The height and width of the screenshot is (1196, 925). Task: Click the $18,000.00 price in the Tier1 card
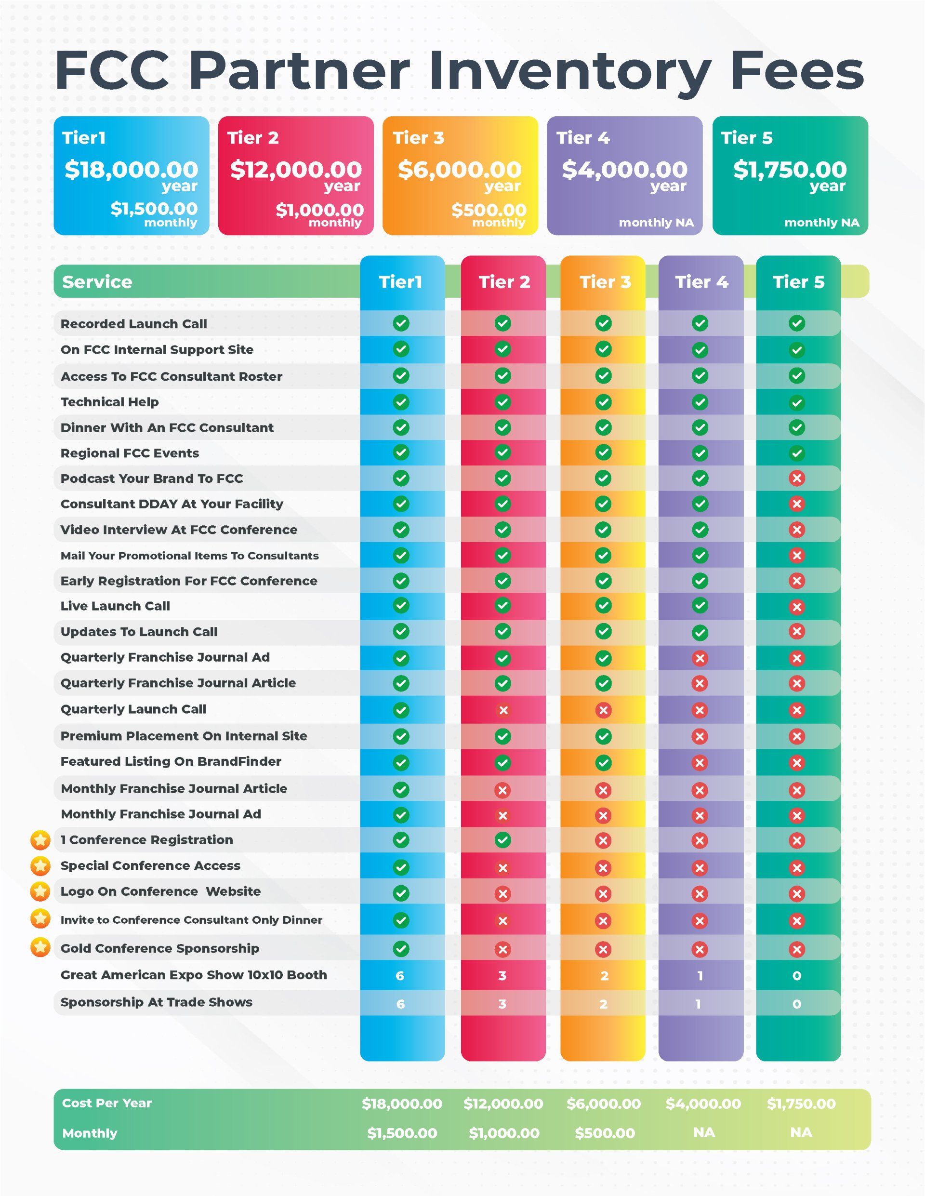(x=132, y=169)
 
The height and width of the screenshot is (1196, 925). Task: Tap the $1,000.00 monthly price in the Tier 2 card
(x=319, y=209)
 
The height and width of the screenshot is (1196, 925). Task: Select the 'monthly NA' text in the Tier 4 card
(x=656, y=222)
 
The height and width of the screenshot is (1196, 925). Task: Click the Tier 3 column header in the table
(x=605, y=282)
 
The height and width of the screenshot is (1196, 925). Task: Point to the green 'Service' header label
(x=97, y=282)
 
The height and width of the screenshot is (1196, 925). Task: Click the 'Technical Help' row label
(x=109, y=402)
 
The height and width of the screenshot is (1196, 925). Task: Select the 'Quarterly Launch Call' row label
(x=133, y=709)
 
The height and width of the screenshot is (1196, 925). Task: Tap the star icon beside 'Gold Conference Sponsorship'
(x=40, y=947)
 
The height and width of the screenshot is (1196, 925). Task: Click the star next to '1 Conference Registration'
(x=40, y=839)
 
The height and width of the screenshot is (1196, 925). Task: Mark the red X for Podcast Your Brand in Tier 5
(x=797, y=478)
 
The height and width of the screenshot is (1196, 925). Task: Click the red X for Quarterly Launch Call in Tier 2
(x=503, y=710)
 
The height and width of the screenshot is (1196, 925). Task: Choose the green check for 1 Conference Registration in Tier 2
(x=503, y=839)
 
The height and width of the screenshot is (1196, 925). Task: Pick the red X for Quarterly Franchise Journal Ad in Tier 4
(x=700, y=658)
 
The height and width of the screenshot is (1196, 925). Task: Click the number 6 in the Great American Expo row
(x=400, y=976)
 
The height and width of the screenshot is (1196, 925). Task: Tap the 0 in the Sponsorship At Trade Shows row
(x=797, y=1004)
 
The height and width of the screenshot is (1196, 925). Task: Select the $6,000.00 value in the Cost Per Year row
(x=604, y=1103)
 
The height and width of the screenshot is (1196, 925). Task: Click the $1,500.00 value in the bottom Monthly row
(x=402, y=1133)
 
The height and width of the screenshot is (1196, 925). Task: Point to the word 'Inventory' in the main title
(x=570, y=71)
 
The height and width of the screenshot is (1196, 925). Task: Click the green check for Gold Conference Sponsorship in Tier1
(x=401, y=948)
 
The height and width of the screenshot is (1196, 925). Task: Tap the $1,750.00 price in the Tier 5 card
(x=790, y=169)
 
